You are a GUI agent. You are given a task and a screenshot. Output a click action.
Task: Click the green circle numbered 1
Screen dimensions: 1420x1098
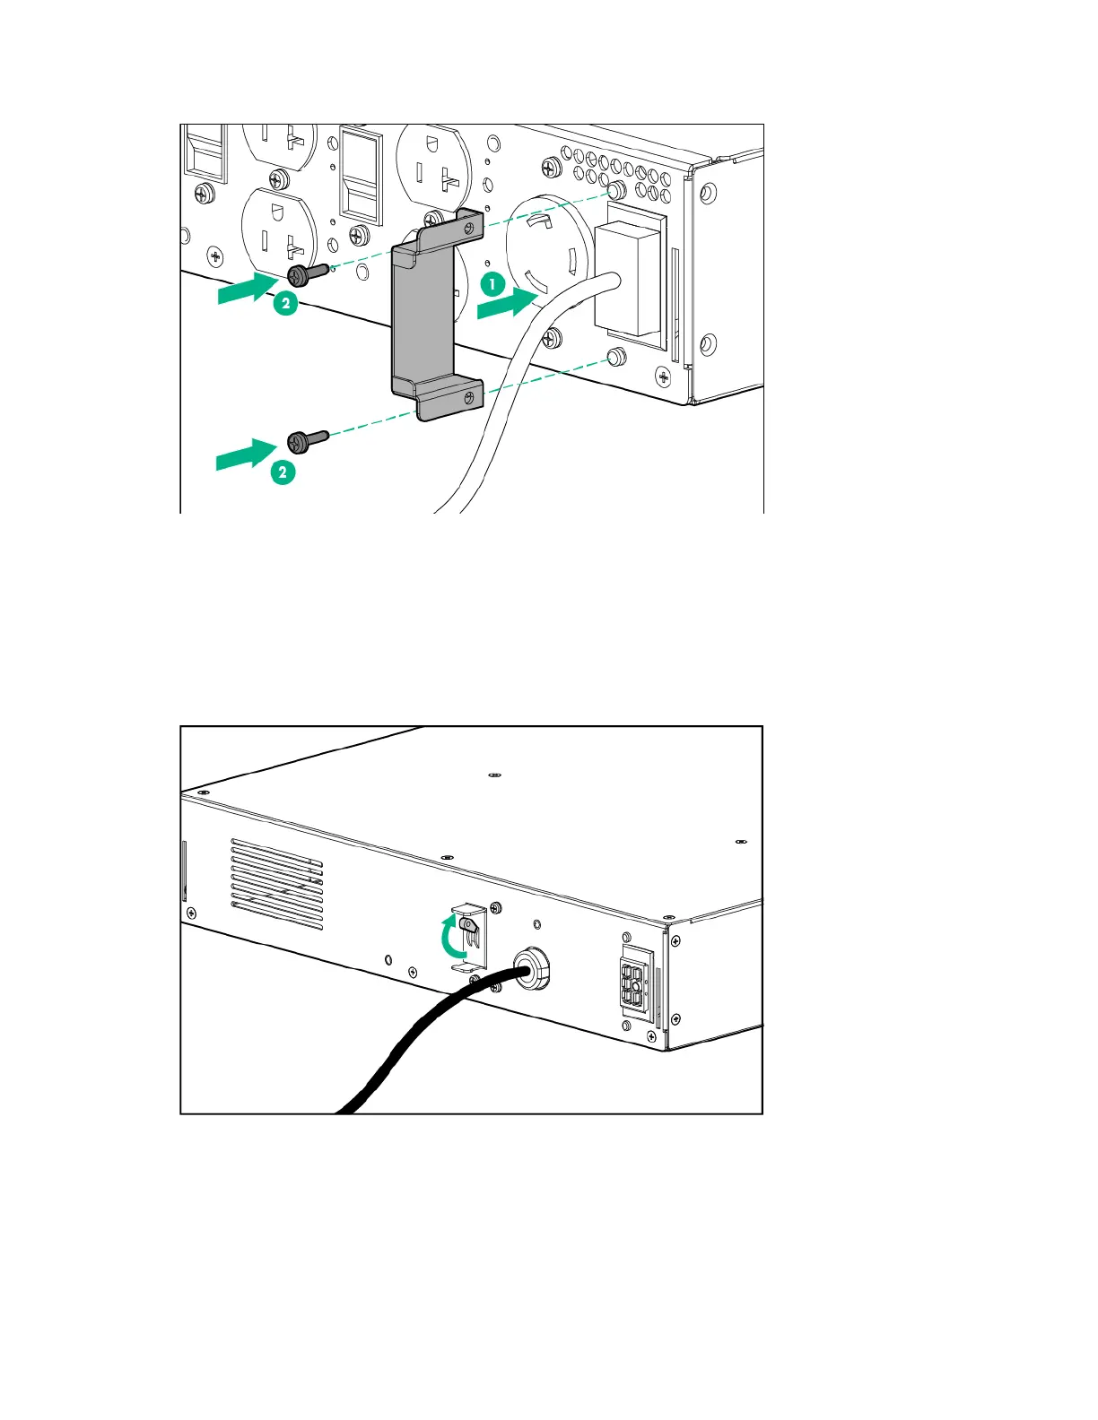(492, 285)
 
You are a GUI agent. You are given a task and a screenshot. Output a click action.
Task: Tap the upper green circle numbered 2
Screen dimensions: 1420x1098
(285, 303)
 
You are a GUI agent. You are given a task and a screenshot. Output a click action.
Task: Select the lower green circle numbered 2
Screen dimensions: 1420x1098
(283, 472)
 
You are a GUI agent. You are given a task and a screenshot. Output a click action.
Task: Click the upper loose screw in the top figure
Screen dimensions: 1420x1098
(307, 273)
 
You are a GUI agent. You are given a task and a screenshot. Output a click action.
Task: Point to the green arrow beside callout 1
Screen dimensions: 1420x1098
(507, 304)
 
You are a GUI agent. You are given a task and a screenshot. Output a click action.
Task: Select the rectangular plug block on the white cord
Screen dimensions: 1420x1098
(629, 278)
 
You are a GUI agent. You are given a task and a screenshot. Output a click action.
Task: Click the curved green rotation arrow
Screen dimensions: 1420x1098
(457, 939)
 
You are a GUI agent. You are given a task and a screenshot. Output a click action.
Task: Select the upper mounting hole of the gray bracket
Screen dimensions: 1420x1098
(467, 229)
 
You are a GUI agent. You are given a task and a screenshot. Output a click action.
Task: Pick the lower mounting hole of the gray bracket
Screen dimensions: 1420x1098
(467, 396)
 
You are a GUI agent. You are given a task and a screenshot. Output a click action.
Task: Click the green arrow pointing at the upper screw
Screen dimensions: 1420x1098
(246, 289)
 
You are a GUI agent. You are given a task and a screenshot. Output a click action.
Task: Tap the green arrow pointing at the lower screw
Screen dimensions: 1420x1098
(245, 455)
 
